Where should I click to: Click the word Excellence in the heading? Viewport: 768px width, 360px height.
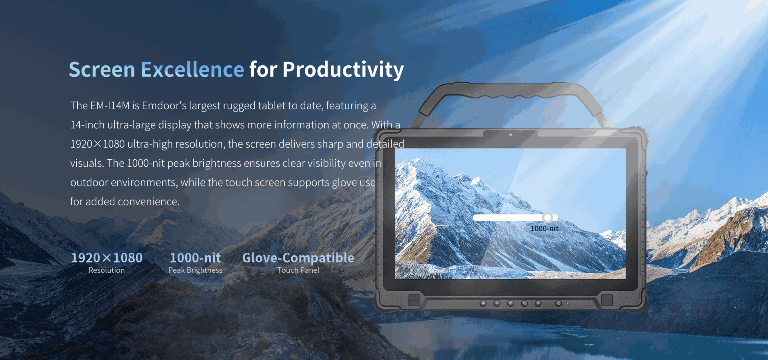click(192, 70)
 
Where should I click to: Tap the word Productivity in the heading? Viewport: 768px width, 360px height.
click(343, 70)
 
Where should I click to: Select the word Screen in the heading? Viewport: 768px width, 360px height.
click(102, 70)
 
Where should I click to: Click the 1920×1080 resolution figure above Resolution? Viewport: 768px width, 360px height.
click(107, 258)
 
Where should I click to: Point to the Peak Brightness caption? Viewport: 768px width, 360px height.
click(195, 270)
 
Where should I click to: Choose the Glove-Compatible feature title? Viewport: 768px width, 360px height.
click(298, 258)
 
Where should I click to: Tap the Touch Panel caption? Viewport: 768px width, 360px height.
click(298, 270)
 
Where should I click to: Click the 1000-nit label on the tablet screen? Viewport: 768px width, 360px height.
click(544, 228)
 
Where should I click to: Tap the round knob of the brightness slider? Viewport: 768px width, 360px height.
click(548, 218)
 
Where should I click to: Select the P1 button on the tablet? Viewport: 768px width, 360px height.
click(510, 304)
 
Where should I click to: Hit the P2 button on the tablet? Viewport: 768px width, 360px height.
click(524, 304)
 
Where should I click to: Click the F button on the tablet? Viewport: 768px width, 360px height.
click(538, 304)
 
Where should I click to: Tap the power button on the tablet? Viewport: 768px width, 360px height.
click(559, 304)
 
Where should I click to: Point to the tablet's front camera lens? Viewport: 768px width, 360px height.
click(510, 135)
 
